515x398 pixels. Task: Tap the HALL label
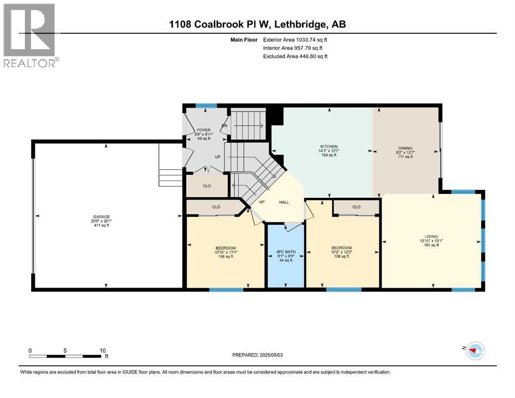tap(284, 203)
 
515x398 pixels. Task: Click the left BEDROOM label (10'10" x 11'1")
tap(226, 248)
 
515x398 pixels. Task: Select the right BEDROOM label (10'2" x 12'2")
tap(342, 248)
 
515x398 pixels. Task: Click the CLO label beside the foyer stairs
tap(206, 186)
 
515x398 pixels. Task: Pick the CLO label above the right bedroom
tap(356, 207)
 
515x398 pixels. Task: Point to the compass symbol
tap(475, 351)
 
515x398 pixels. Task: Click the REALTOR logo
tap(30, 35)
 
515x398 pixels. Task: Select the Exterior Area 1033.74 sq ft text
tap(295, 39)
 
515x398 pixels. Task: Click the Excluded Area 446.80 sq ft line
tap(295, 56)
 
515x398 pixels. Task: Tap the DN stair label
tap(225, 125)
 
